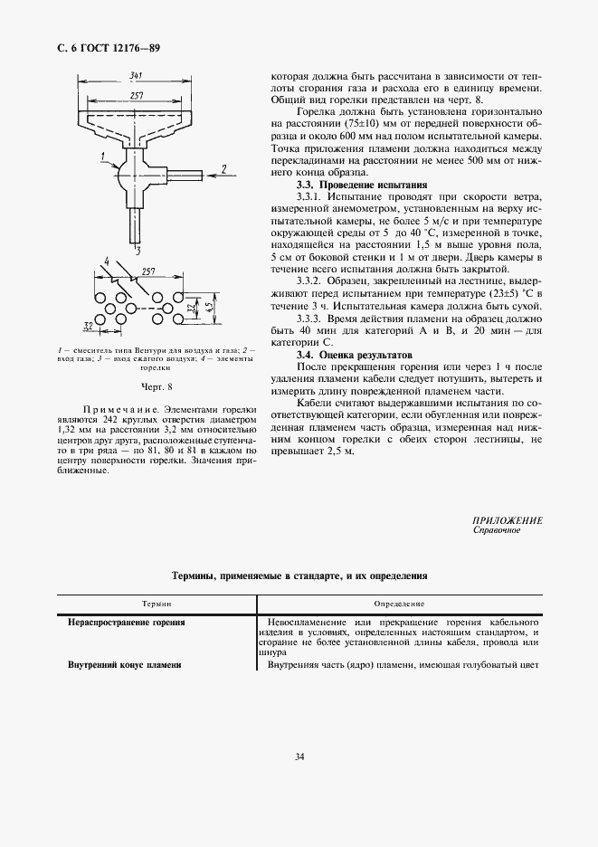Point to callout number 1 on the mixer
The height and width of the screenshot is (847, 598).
(105, 157)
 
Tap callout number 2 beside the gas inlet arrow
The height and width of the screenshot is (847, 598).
(223, 168)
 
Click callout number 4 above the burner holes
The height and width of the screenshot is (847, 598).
(108, 263)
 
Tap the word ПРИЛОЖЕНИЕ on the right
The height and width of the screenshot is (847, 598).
(508, 520)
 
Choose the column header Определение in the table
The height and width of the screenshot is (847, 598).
(399, 603)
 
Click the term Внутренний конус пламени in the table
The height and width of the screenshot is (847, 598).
(125, 665)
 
